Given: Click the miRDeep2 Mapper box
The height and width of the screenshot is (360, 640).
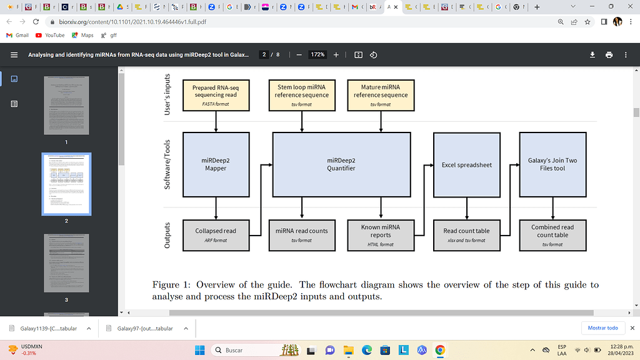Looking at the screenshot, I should [x=216, y=164].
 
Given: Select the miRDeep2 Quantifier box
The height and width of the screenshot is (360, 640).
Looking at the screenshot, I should [x=341, y=164].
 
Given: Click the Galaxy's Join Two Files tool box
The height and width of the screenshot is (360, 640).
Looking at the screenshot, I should [x=552, y=164].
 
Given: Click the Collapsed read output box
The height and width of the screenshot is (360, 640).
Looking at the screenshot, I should [x=216, y=234].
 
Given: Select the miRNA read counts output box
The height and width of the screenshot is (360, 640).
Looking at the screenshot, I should [x=302, y=234].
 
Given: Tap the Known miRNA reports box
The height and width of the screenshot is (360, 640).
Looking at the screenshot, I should [x=381, y=234].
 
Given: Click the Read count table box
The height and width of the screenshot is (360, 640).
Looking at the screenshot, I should [x=466, y=234].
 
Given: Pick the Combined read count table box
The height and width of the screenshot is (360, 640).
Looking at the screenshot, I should [x=552, y=234].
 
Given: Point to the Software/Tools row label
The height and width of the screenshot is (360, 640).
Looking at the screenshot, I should [x=167, y=164].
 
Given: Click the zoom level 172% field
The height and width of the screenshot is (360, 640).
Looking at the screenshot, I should [x=318, y=55].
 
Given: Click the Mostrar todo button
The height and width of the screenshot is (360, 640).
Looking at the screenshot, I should [x=603, y=327].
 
